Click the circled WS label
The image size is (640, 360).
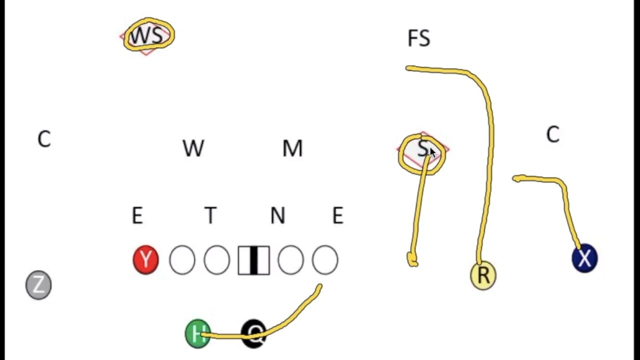pyautogui.click(x=147, y=36)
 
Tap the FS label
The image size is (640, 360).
pyautogui.click(x=418, y=38)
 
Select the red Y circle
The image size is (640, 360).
pyautogui.click(x=145, y=260)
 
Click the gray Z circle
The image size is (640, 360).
pyautogui.click(x=38, y=285)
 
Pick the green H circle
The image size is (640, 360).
pyautogui.click(x=197, y=333)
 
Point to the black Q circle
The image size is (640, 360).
pyautogui.click(x=254, y=333)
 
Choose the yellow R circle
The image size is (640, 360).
pyautogui.click(x=483, y=275)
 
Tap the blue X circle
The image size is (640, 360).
pyautogui.click(x=584, y=258)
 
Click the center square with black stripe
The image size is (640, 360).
pyautogui.click(x=253, y=260)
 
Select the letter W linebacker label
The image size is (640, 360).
pyautogui.click(x=193, y=148)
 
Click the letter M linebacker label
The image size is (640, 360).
pyautogui.click(x=292, y=148)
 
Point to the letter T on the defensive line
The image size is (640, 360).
pyautogui.click(x=210, y=215)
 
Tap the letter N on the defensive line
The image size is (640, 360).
pyautogui.click(x=277, y=215)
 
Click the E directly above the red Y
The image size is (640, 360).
pyautogui.click(x=137, y=215)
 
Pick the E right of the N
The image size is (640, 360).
pyautogui.click(x=337, y=215)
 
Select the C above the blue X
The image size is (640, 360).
pyautogui.click(x=552, y=135)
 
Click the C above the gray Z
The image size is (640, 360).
pyautogui.click(x=44, y=139)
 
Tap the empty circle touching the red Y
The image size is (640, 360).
pyautogui.click(x=182, y=260)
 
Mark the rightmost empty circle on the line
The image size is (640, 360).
pyautogui.click(x=325, y=260)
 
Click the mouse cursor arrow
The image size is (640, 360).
pyautogui.click(x=432, y=153)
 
